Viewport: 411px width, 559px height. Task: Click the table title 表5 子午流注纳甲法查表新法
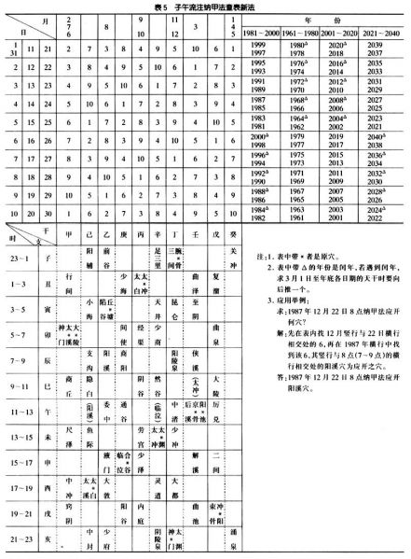[204, 7]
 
